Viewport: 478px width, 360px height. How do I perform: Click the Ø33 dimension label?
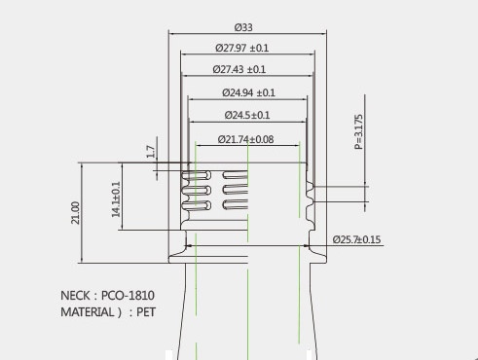[x=243, y=27]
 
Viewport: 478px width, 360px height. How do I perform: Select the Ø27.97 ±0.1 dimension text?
[x=242, y=48]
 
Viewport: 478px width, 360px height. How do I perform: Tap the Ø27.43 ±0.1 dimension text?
[x=239, y=69]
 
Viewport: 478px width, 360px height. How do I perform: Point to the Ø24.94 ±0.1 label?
[x=248, y=93]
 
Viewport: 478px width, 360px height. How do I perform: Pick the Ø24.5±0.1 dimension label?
[x=247, y=115]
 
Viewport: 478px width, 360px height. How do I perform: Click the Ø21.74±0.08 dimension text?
[x=246, y=139]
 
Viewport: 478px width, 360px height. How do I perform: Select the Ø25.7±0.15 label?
[x=356, y=239]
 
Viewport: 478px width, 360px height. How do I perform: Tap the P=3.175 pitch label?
[x=358, y=131]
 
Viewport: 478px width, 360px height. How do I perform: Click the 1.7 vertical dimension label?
[x=151, y=152]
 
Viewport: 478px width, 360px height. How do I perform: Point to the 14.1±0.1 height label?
[x=116, y=199]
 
